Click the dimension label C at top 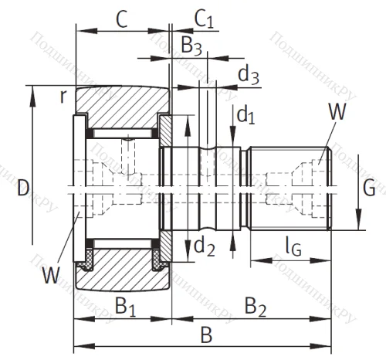pyautogui.click(x=121, y=18)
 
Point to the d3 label pyautogui.click(x=248, y=75)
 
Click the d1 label pyautogui.click(x=245, y=116)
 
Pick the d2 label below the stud pyautogui.click(x=203, y=246)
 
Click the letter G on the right pyautogui.click(x=369, y=186)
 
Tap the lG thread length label pyautogui.click(x=293, y=247)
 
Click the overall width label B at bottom pyautogui.click(x=206, y=335)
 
